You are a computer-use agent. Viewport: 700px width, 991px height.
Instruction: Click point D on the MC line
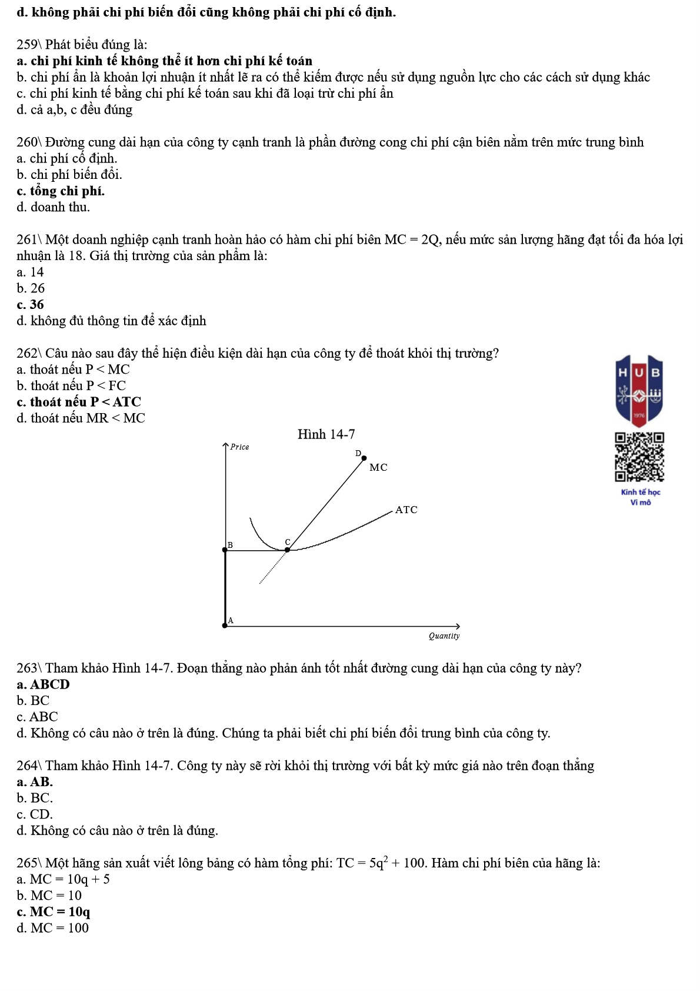click(364, 458)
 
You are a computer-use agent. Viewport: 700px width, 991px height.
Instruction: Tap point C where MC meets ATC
click(287, 550)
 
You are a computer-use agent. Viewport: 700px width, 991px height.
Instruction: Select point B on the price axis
click(225, 550)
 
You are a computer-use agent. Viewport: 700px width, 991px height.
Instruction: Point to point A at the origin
click(225, 626)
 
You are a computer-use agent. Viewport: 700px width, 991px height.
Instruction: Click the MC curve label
click(378, 467)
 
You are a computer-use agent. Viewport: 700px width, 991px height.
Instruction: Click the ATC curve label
click(406, 510)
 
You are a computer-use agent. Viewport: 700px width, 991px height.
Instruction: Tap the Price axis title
click(239, 447)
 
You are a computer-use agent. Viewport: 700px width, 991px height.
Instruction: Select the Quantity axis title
click(444, 636)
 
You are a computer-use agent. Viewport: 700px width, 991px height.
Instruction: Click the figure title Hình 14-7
click(326, 434)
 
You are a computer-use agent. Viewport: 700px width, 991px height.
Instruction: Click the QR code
click(639, 457)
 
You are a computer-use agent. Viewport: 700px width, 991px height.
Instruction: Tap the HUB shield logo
click(639, 390)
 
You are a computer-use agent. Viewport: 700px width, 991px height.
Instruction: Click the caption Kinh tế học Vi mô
click(641, 497)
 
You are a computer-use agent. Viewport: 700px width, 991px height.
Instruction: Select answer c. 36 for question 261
click(31, 304)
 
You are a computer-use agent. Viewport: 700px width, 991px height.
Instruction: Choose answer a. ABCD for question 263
click(44, 684)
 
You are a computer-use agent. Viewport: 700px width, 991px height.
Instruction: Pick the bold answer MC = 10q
click(54, 912)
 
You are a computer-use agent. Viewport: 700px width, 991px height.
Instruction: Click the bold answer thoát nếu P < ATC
click(79, 402)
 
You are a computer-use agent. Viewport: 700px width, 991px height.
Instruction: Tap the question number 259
click(27, 45)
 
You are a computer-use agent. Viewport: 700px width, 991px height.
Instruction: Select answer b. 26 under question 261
click(31, 288)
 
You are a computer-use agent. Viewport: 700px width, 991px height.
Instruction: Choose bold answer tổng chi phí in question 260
click(61, 191)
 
